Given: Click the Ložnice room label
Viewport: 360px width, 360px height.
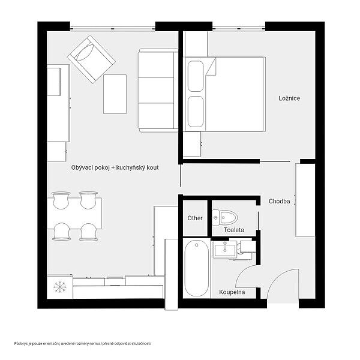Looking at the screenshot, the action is [289, 98].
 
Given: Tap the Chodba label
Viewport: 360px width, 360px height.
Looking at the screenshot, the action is [279, 202].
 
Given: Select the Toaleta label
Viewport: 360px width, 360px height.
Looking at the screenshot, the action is [234, 230].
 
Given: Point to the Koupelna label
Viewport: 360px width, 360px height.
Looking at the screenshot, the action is [232, 292].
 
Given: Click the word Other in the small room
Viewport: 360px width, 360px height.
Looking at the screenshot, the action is [195, 218].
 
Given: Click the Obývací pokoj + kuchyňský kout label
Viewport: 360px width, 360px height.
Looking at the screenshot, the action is [115, 167].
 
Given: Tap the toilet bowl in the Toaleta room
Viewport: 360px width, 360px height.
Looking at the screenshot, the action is [228, 217].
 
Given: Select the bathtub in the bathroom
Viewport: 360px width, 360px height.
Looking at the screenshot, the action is [197, 268].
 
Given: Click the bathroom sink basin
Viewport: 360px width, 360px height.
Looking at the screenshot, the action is [225, 249].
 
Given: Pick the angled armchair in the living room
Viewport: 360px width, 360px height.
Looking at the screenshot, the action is [91, 59].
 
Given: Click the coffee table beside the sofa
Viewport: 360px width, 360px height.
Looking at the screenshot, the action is [115, 94].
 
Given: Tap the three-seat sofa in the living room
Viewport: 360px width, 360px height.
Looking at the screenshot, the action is [158, 91].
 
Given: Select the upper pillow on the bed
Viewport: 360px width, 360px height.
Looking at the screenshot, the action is [196, 76].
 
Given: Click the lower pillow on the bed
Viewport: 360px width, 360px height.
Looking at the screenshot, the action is [196, 112].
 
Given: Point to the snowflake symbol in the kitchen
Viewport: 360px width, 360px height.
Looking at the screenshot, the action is [60, 287].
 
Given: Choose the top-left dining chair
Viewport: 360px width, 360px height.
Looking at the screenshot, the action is [61, 200].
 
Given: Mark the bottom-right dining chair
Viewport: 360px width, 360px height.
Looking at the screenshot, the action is [89, 232].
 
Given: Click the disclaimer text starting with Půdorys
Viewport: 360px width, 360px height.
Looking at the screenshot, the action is [83, 344].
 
